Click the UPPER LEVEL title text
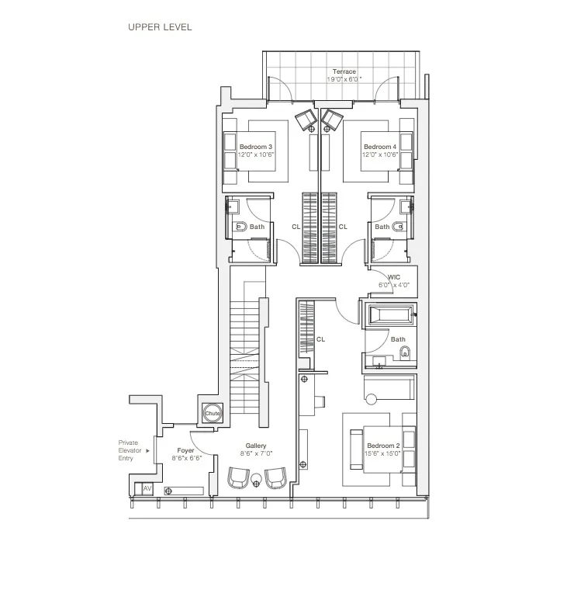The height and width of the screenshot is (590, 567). click(x=160, y=27)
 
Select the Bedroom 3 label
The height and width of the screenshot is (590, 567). click(x=255, y=147)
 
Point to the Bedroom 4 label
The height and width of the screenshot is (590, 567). click(x=379, y=147)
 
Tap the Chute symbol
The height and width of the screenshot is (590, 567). click(x=213, y=414)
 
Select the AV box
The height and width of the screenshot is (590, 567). click(x=147, y=489)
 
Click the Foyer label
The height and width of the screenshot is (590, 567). click(x=185, y=450)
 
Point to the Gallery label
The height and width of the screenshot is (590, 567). click(x=256, y=446)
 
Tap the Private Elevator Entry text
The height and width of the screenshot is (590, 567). click(x=127, y=450)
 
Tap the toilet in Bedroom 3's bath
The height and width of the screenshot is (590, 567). click(x=240, y=227)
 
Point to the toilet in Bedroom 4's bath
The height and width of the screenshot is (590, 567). click(x=399, y=227)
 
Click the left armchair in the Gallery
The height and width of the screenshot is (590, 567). click(x=239, y=477)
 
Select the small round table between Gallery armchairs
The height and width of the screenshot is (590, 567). click(x=257, y=484)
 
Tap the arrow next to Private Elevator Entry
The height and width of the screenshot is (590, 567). click(x=147, y=450)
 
